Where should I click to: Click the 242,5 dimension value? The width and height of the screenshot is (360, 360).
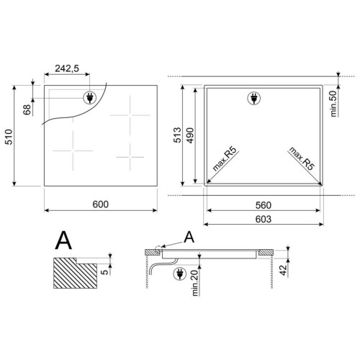coord(67,68)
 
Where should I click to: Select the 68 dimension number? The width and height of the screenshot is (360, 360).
coord(27,109)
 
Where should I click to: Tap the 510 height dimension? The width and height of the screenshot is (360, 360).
coord(9,137)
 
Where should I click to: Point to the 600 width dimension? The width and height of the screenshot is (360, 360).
coord(101,204)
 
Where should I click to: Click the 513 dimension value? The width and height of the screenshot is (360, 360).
coord(178,135)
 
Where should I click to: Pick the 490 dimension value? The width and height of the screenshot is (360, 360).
coord(190,135)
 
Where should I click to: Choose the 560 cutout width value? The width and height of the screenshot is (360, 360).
coord(264,205)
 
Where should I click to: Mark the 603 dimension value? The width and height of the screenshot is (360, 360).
coord(264,219)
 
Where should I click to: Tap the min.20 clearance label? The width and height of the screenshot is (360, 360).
coord(196,283)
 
